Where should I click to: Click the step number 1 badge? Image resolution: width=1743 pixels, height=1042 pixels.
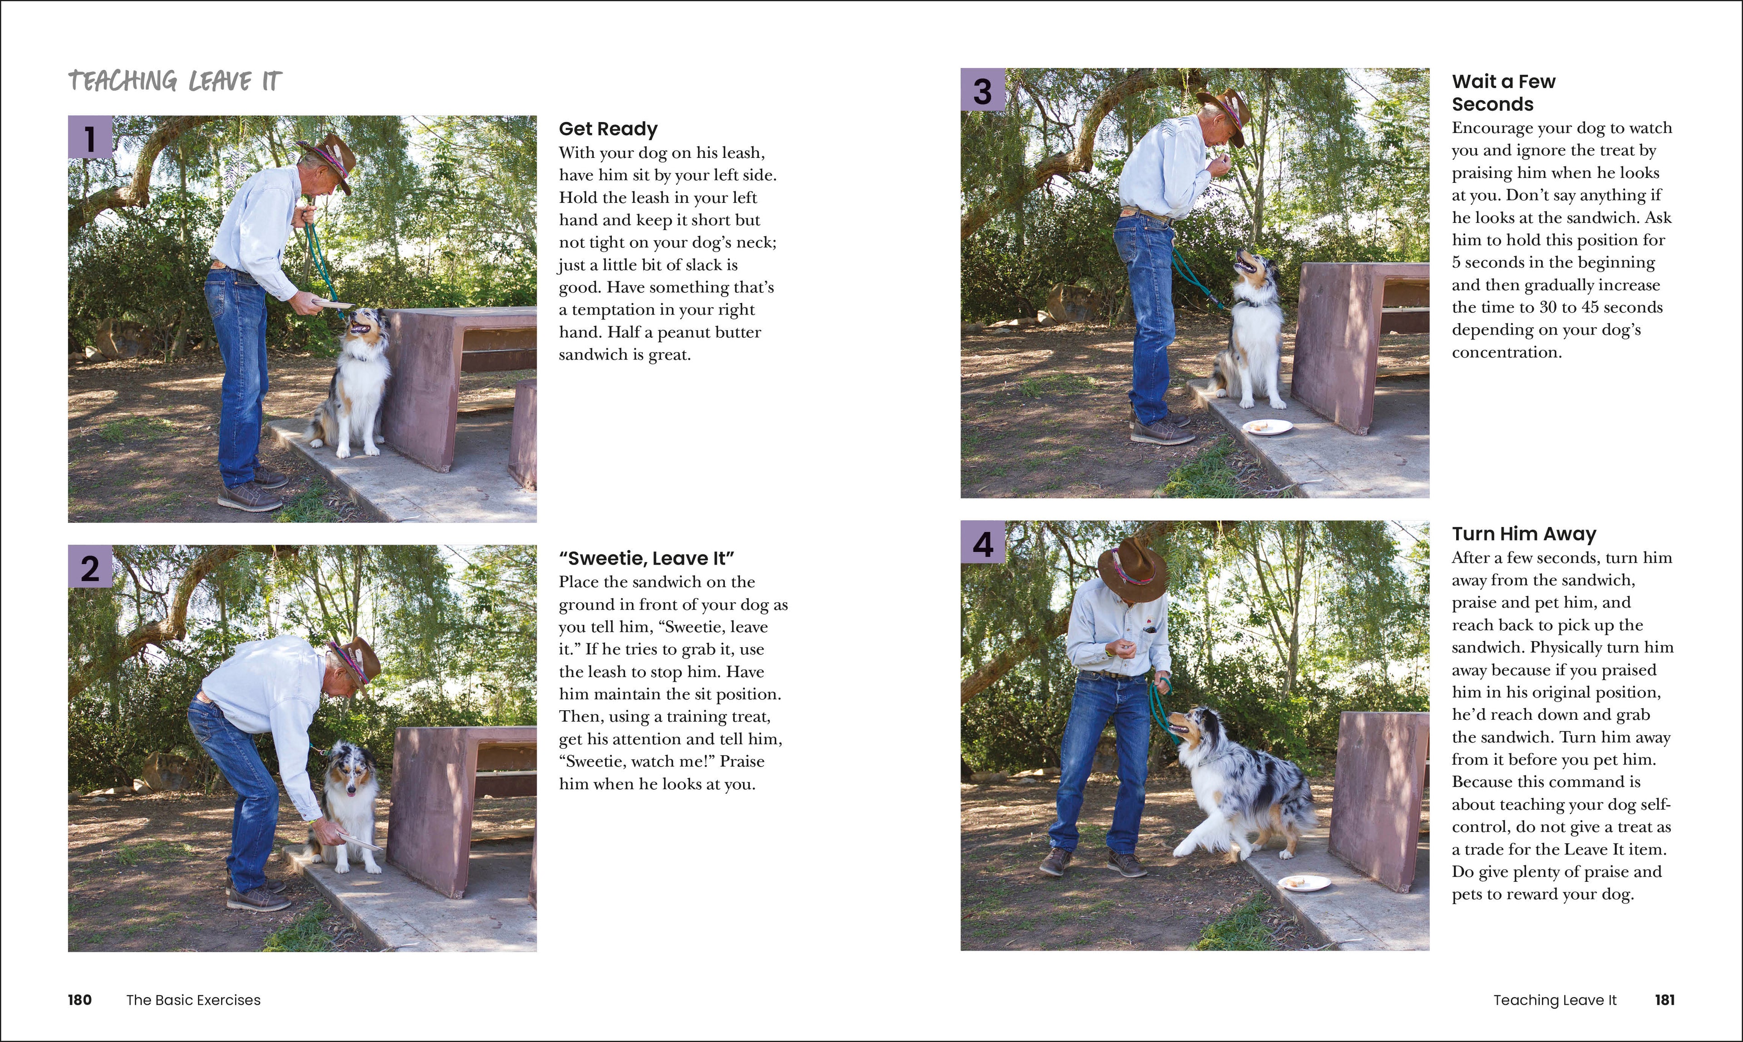coord(90,138)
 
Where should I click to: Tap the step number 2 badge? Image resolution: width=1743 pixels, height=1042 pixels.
coord(90,567)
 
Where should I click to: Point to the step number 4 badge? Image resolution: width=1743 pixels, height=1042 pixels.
coord(982,543)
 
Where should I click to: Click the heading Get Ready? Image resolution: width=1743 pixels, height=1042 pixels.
coord(607,129)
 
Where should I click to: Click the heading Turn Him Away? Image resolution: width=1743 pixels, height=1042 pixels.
coord(1523,534)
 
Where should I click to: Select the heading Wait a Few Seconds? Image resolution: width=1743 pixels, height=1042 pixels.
coord(1503,93)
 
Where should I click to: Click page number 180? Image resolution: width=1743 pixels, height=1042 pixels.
coord(79,1000)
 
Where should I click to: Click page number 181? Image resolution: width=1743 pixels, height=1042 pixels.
coord(1664,1000)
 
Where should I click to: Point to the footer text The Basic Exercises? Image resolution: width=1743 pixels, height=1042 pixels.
coord(193,1000)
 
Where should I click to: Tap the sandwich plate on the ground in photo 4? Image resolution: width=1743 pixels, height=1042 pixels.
coord(1303,883)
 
